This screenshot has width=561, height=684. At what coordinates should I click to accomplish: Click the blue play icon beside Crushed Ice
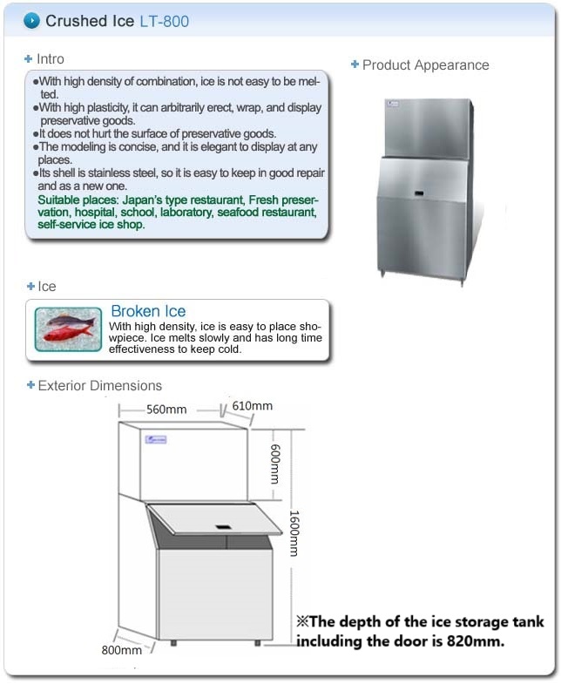(31, 20)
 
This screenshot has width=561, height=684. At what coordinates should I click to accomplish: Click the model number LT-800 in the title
(164, 21)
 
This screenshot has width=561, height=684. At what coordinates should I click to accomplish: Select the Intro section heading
(50, 59)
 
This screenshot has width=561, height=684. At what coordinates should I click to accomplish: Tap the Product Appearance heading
(425, 64)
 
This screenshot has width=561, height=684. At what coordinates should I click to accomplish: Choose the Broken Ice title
(148, 311)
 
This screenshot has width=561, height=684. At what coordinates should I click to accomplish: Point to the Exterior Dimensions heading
(99, 385)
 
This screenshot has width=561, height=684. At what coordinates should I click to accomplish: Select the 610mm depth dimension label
(253, 406)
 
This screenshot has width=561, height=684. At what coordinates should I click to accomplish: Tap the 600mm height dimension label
(274, 462)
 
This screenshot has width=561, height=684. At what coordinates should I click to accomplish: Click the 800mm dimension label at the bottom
(121, 650)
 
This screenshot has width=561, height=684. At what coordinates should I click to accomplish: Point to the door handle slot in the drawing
(221, 527)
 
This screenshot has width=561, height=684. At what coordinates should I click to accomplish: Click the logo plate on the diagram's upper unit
(156, 441)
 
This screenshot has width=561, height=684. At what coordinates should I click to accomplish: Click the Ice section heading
(46, 287)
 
